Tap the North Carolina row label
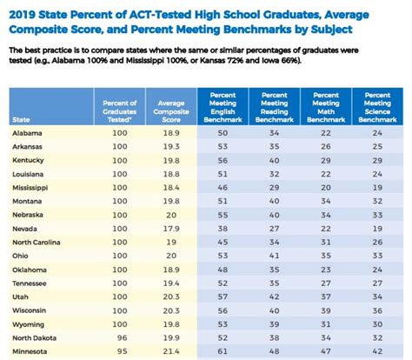tap(38, 242)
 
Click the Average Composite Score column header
tap(171, 107)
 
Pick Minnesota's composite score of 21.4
tap(171, 351)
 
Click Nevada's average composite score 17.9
tap(171, 228)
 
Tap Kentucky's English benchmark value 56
tap(223, 160)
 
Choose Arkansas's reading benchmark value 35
tap(275, 146)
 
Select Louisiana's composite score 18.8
tap(171, 173)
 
